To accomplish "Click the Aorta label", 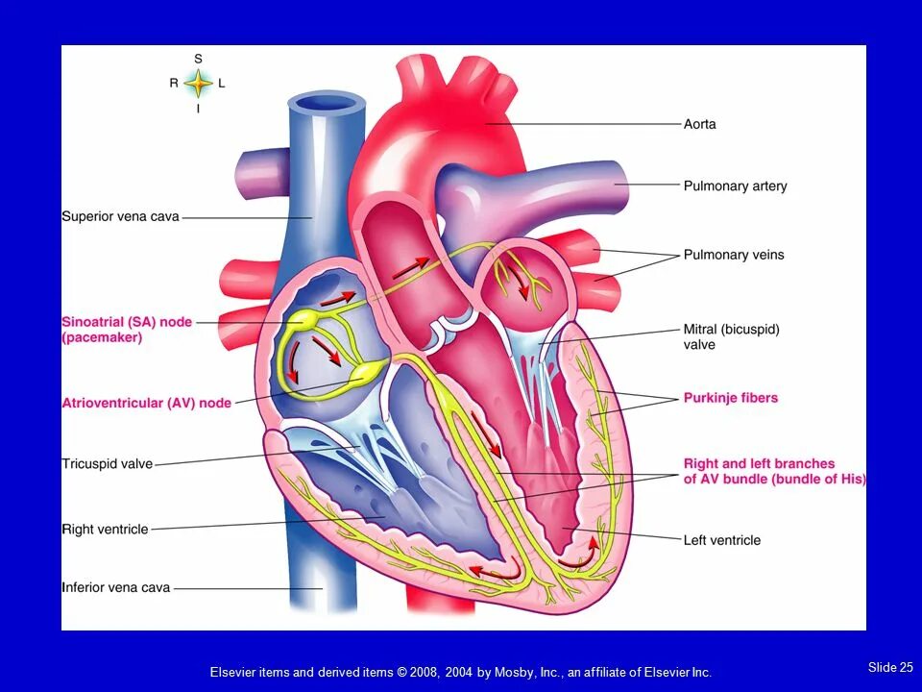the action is tap(699, 124).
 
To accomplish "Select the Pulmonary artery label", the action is tap(735, 185).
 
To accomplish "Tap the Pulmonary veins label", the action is tap(734, 255).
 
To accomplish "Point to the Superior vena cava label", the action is tap(120, 217).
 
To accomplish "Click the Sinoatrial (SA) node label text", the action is tap(127, 322).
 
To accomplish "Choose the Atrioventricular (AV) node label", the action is tap(146, 403).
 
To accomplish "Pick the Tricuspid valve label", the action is tap(107, 464).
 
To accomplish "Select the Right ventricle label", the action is tap(105, 529).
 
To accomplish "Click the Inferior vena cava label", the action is tap(115, 587).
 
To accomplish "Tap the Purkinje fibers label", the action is tap(731, 398).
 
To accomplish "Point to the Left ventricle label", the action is tap(721, 540).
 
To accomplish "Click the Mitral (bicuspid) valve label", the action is tap(731, 336).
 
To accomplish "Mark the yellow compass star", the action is tap(198, 84).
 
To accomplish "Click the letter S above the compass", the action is tap(198, 59).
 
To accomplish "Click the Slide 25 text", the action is tap(890, 667).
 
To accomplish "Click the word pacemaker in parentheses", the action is tap(103, 337).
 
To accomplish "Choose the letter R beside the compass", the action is tap(174, 84).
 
